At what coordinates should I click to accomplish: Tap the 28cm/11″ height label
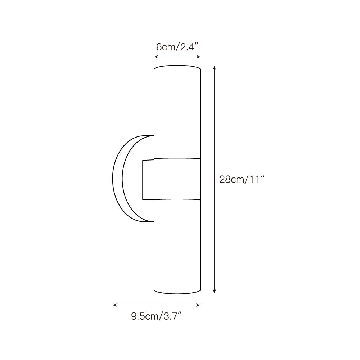tap(242, 179)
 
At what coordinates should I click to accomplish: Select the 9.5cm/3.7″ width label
tap(156, 316)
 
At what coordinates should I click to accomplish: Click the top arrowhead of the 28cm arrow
tap(215, 68)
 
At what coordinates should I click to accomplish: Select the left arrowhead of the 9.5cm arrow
tap(114, 305)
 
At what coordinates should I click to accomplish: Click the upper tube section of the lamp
tap(177, 112)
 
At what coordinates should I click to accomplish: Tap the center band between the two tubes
tap(177, 179)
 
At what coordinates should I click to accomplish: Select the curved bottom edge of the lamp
tap(177, 292)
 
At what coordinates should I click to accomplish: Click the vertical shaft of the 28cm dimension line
tap(215, 144)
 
